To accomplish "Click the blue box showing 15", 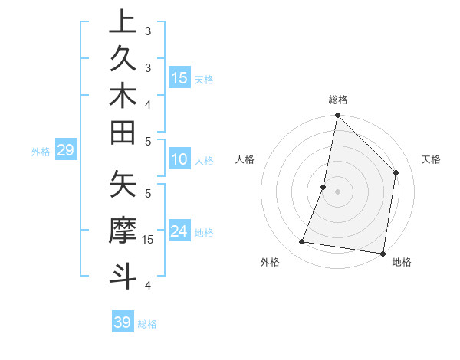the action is (179, 77).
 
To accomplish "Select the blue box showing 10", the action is (179, 160).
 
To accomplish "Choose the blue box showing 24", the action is (179, 231).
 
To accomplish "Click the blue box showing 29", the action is (66, 150).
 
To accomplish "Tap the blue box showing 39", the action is (123, 322).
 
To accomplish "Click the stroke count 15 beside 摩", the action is (148, 240).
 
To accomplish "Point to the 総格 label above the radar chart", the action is (338, 100).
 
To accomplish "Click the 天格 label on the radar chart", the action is (431, 159).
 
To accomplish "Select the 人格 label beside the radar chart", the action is (245, 159).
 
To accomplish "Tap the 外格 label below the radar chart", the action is (270, 262).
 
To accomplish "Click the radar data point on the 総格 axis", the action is (337, 116).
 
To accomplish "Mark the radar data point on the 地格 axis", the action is (383, 253).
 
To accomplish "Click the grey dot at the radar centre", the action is (337, 191).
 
